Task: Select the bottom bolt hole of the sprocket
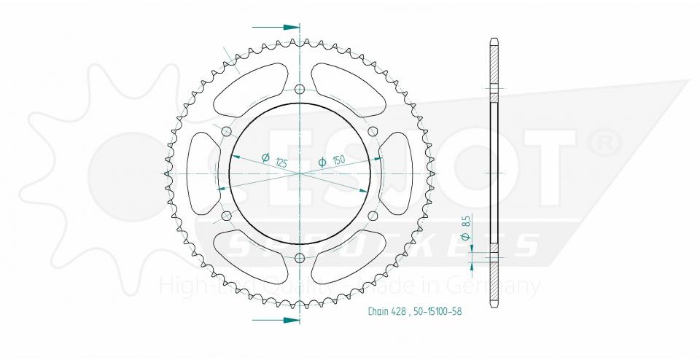300,257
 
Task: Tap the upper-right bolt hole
373,131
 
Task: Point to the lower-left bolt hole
226,215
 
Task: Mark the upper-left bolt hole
226,131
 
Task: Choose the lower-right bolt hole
373,215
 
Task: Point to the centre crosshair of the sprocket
300,173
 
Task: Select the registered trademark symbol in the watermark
604,143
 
